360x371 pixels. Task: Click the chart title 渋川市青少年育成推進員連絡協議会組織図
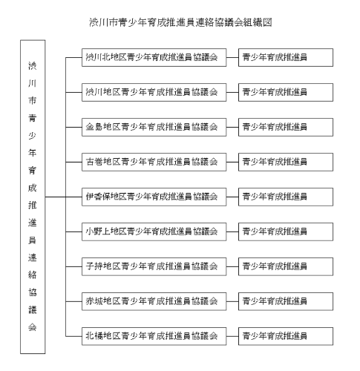click(180, 23)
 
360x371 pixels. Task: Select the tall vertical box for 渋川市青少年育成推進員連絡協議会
click(31, 197)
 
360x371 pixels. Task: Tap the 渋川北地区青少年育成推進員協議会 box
click(151, 57)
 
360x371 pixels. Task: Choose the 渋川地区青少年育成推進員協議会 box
click(151, 92)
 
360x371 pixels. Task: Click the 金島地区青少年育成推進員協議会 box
click(151, 127)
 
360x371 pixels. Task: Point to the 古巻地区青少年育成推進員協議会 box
click(151, 162)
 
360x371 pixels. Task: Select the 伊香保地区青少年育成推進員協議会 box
click(151, 197)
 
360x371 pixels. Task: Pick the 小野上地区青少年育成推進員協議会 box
click(151, 232)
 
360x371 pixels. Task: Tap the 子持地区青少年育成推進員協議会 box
click(151, 266)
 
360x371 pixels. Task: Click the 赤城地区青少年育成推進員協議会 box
click(151, 301)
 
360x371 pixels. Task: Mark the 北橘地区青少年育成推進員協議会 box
click(151, 335)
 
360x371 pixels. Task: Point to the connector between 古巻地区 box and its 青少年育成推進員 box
click(229, 162)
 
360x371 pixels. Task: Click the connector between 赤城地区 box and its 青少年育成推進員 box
click(229, 301)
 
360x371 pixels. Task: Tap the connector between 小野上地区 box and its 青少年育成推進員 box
click(229, 232)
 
